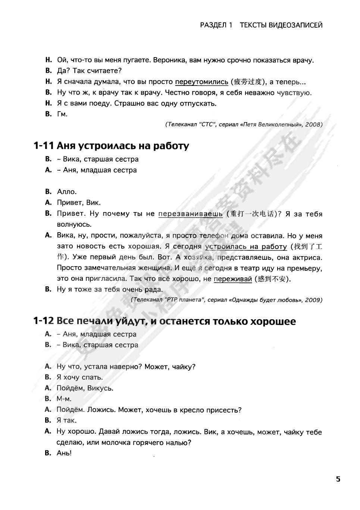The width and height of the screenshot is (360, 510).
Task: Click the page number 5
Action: point(338,479)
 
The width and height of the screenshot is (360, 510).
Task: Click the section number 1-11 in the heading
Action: point(43,146)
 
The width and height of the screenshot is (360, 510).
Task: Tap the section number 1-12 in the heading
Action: point(43,321)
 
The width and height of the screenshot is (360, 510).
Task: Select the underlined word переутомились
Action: point(201,82)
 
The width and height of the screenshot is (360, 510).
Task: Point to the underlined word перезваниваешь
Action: point(190,214)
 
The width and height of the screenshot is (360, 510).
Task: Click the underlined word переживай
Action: point(233,279)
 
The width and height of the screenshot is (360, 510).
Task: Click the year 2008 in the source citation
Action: point(313,125)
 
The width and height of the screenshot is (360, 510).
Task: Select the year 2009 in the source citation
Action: point(313,300)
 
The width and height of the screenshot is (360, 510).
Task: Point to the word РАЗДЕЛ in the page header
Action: point(213,25)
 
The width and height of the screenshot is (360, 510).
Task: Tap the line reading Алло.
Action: point(67,192)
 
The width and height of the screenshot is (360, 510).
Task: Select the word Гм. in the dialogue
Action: point(62,114)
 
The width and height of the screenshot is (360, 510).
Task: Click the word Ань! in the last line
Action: point(64,453)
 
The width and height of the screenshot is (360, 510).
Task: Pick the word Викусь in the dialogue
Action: point(100,388)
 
